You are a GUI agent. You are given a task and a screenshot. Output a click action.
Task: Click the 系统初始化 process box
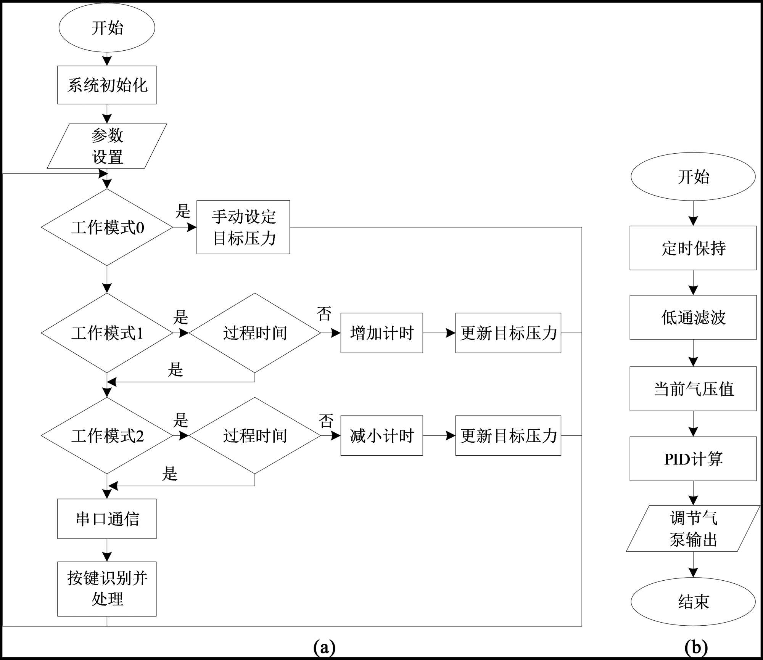click(x=107, y=85)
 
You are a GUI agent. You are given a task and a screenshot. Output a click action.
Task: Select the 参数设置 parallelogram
click(x=107, y=146)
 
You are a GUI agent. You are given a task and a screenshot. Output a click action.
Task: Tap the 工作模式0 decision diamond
click(x=107, y=227)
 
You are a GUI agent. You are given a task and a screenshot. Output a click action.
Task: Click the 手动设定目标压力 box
click(x=243, y=227)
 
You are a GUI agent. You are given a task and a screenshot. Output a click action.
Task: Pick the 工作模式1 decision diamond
click(x=107, y=333)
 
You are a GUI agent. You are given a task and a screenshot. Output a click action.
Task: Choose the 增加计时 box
click(x=381, y=333)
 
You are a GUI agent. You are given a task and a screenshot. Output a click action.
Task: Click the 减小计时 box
click(x=381, y=435)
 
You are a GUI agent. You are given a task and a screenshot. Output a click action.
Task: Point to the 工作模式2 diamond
click(x=107, y=435)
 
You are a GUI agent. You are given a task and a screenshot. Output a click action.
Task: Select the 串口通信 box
click(x=107, y=519)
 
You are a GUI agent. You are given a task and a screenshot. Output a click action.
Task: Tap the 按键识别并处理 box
click(x=107, y=589)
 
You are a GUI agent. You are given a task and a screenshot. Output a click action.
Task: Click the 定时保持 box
click(x=693, y=248)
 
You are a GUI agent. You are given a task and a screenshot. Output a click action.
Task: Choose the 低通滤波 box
click(x=693, y=317)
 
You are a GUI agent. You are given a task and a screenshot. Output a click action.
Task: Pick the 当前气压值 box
click(x=693, y=389)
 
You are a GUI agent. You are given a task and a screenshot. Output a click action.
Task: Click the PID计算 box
click(x=693, y=459)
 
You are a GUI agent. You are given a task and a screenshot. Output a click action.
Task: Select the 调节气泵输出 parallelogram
click(x=693, y=528)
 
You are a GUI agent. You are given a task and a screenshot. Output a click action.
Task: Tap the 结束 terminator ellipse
click(x=693, y=602)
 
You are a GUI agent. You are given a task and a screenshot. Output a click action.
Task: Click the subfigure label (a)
click(x=324, y=647)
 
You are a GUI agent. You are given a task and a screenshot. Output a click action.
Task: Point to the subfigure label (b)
click(x=696, y=647)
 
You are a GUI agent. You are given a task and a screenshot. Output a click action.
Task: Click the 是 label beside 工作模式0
click(x=183, y=211)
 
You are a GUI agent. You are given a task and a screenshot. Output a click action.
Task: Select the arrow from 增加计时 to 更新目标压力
click(x=439, y=333)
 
